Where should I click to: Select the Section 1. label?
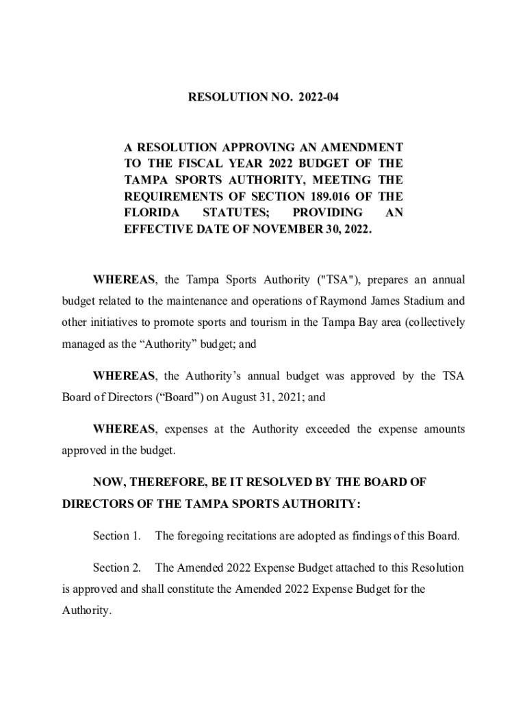coord(117,536)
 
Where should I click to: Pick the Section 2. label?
coord(117,568)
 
